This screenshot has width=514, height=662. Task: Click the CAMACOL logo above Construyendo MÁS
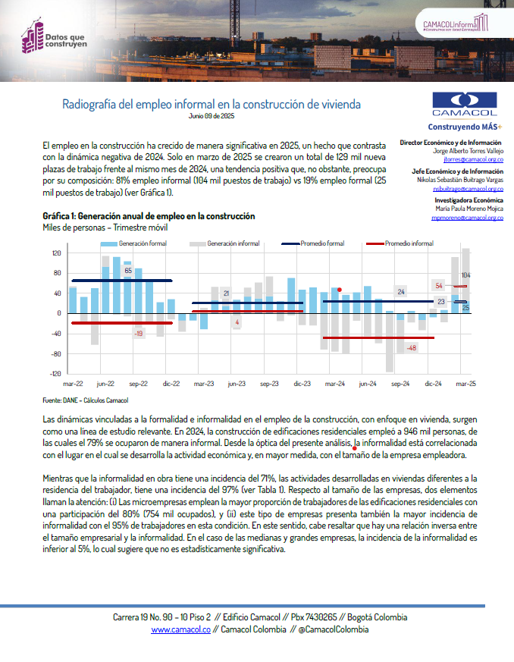465,105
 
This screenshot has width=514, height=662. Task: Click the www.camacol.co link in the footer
180,629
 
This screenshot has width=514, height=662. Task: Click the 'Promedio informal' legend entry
409,243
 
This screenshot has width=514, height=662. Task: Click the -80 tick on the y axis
56,353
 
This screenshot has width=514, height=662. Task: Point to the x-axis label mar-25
465,384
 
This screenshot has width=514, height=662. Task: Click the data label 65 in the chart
128,270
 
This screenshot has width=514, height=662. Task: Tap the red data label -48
412,347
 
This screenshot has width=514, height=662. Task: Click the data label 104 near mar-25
466,275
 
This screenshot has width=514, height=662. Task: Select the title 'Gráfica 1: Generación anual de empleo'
149,216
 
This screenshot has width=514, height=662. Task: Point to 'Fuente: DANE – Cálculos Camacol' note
86,400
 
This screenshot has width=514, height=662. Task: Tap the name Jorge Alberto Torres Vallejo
462,151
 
